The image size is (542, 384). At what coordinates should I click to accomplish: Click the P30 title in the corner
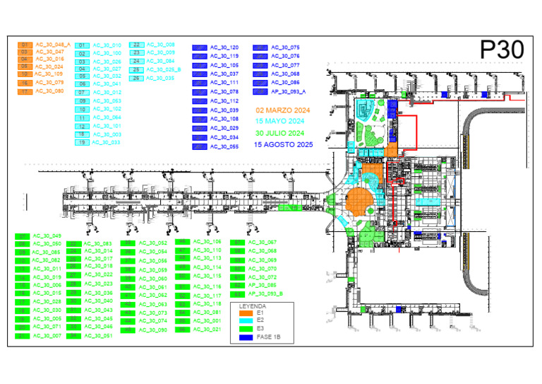point(502,50)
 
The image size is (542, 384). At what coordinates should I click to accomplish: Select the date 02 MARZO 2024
point(284,111)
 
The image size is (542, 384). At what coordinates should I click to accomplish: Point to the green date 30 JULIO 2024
point(280,133)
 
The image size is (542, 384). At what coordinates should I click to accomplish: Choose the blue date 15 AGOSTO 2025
point(284,144)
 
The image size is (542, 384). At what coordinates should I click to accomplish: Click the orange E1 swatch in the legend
point(245,312)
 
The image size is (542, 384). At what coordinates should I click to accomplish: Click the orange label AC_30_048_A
point(53,44)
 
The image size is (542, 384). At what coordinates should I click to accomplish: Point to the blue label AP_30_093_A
point(287,91)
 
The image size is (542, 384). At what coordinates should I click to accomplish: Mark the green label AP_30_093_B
point(266,293)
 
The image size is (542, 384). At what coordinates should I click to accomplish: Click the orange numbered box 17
point(25,91)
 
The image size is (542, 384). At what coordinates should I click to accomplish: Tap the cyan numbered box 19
point(83,142)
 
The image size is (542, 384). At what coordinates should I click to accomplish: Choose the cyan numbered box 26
point(137,78)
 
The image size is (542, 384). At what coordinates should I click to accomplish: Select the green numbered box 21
point(23,336)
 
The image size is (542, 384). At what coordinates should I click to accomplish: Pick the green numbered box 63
point(239,293)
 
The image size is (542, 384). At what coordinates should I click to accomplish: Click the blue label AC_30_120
point(224,47)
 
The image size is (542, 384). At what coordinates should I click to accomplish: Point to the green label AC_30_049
point(48,235)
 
